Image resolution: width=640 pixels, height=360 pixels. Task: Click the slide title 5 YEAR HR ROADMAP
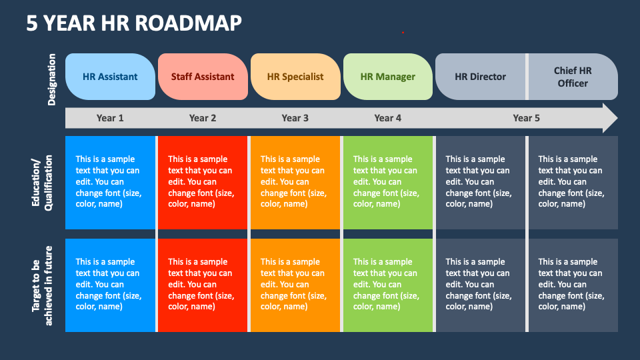click(133, 23)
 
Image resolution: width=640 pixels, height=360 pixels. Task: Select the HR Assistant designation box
click(110, 77)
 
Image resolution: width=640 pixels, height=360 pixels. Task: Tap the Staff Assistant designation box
click(203, 77)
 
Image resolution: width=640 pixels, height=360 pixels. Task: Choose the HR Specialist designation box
click(295, 77)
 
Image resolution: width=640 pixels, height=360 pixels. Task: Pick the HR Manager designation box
click(387, 77)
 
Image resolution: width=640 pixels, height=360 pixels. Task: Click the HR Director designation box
click(480, 77)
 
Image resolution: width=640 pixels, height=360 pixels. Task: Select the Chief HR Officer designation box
click(573, 77)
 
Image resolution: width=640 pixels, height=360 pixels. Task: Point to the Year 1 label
click(110, 118)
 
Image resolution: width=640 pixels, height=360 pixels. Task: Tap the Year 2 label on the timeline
click(203, 118)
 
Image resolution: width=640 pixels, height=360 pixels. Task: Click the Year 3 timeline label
click(295, 118)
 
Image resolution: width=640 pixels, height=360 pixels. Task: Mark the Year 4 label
click(387, 118)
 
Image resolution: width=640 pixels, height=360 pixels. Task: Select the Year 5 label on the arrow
click(526, 118)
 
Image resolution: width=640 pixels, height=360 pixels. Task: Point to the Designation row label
click(52, 79)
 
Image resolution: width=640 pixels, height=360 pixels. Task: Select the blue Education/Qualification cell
click(110, 183)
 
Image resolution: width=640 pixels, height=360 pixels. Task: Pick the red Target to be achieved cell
click(203, 285)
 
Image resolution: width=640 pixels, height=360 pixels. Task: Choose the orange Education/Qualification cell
click(295, 183)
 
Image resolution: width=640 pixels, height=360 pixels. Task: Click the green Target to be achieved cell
click(387, 285)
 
